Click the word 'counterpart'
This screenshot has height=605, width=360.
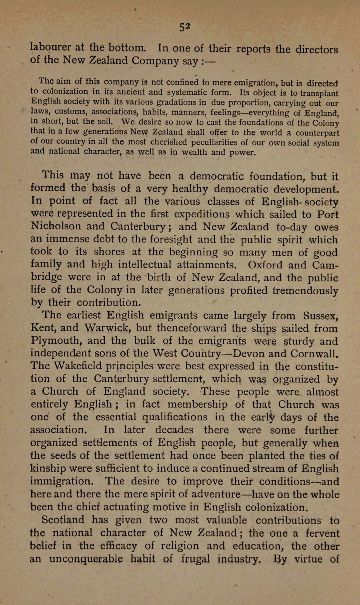click(317, 133)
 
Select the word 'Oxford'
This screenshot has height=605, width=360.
click(265, 265)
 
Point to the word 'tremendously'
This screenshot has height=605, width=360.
click(305, 290)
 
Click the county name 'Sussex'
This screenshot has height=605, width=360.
click(321, 316)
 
